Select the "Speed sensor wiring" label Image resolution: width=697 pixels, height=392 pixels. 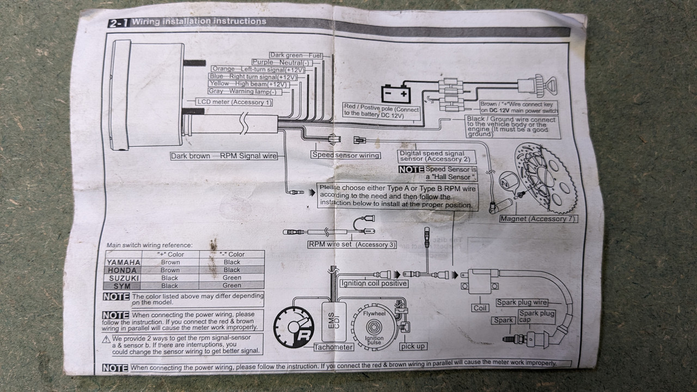click(x=346, y=155)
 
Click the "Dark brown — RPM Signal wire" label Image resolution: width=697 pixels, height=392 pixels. click(x=223, y=156)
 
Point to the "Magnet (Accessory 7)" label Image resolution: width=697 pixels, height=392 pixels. click(x=539, y=219)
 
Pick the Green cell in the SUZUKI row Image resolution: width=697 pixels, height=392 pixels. click(x=231, y=278)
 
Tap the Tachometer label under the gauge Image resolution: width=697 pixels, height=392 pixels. click(x=333, y=347)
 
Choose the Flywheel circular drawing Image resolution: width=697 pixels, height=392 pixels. click(x=373, y=328)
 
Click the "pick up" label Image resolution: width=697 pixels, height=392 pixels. click(x=413, y=346)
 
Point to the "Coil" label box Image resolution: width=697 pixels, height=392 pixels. click(x=480, y=308)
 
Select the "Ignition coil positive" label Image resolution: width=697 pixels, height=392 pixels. click(x=374, y=283)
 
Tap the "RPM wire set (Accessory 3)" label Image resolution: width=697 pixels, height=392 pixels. click(x=352, y=244)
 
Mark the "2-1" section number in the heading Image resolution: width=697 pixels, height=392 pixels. click(x=118, y=23)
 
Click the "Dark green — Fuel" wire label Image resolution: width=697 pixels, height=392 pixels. click(x=296, y=56)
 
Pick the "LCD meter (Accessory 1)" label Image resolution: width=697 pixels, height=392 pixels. click(x=234, y=102)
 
